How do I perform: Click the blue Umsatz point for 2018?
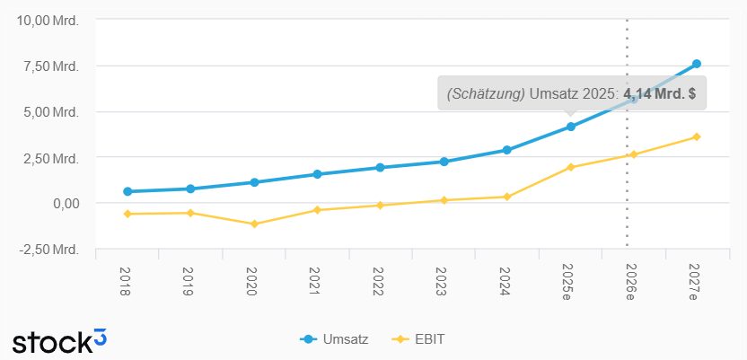click(x=127, y=191)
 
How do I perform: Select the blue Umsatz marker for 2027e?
click(x=697, y=64)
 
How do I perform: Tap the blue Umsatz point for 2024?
click(x=507, y=150)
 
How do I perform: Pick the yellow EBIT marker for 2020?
click(x=254, y=224)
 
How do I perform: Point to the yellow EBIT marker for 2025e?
click(x=570, y=167)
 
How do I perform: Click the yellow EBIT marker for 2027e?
click(x=697, y=136)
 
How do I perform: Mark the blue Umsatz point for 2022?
click(x=381, y=167)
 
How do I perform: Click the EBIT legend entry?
click(x=420, y=339)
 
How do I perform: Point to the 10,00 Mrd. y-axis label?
click(x=52, y=20)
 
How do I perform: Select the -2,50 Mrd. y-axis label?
click(x=52, y=249)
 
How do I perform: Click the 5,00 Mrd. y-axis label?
click(x=56, y=111)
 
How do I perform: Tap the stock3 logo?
click(x=59, y=340)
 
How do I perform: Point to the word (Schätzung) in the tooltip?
click(x=486, y=92)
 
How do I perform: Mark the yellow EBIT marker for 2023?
click(x=444, y=200)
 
